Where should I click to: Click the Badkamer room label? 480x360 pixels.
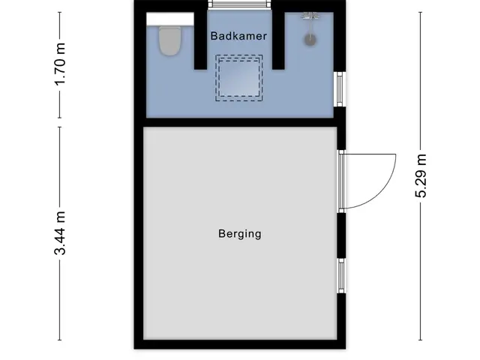tap(238, 36)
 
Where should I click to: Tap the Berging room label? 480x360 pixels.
tap(240, 234)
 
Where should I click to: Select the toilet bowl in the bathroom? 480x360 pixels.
tap(169, 40)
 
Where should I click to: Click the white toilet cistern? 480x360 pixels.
tap(170, 19)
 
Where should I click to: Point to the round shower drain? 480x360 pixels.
tap(310, 40)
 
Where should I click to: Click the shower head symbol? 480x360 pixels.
tap(310, 16)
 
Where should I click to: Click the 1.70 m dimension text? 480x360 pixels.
tap(60, 64)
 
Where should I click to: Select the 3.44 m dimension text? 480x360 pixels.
tap(60, 233)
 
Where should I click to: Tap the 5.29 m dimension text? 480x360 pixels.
tap(421, 175)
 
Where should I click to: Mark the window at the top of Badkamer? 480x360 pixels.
tap(240, 4)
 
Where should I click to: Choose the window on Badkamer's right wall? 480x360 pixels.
tap(340, 89)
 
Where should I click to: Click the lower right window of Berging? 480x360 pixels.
tap(341, 275)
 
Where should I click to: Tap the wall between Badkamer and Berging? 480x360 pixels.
tap(240, 122)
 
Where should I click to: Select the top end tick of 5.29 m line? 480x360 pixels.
tap(421, 12)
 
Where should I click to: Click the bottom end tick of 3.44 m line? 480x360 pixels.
tap(60, 340)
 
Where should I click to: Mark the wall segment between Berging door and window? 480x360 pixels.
tap(342, 235)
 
